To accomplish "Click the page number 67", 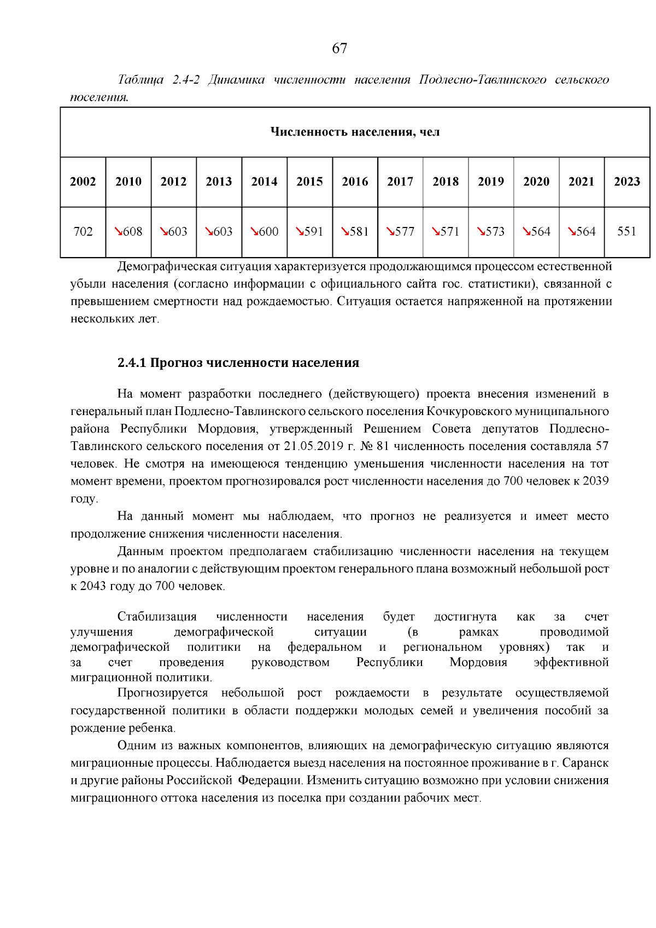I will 339,49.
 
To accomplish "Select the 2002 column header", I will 83,182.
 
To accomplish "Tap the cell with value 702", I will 83,231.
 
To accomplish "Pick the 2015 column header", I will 309,182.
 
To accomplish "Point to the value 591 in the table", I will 314,231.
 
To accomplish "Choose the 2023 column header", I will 626,182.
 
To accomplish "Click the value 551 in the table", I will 626,231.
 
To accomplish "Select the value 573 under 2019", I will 495,231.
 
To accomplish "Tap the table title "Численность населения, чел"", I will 355,132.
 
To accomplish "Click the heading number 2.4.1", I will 132,363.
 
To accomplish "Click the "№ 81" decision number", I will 374,446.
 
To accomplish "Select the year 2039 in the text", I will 596,481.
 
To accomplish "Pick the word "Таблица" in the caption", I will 140,80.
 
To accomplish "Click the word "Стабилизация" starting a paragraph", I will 157,617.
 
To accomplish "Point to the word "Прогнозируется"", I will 162,693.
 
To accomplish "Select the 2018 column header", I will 446,182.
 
